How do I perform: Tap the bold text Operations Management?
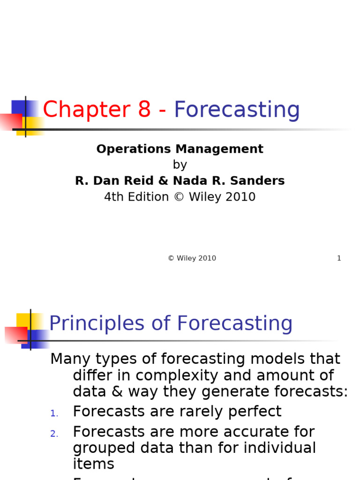[x=180, y=149]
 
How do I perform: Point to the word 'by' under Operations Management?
[x=180, y=165]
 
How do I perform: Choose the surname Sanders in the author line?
[x=261, y=181]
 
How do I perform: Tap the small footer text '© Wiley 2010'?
[x=192, y=258]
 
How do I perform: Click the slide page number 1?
[x=339, y=258]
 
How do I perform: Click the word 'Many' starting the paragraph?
[x=69, y=360]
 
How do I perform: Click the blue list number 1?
[x=54, y=413]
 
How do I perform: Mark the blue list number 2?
[x=54, y=434]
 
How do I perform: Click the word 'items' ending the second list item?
[x=93, y=464]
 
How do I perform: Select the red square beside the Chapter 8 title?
[x=10, y=121]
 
